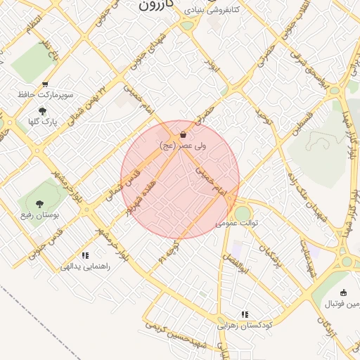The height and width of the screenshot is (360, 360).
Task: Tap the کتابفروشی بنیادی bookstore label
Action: (212, 10)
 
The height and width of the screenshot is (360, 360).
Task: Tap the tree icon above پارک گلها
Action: (43, 111)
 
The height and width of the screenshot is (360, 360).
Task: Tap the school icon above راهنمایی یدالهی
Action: (85, 255)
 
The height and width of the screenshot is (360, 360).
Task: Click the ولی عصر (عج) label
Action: (182, 145)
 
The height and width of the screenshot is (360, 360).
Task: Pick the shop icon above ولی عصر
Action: (183, 134)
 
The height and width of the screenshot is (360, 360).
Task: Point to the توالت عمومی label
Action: (237, 223)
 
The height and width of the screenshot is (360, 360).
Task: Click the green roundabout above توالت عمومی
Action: (242, 212)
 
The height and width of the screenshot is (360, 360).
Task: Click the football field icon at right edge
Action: (343, 293)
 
